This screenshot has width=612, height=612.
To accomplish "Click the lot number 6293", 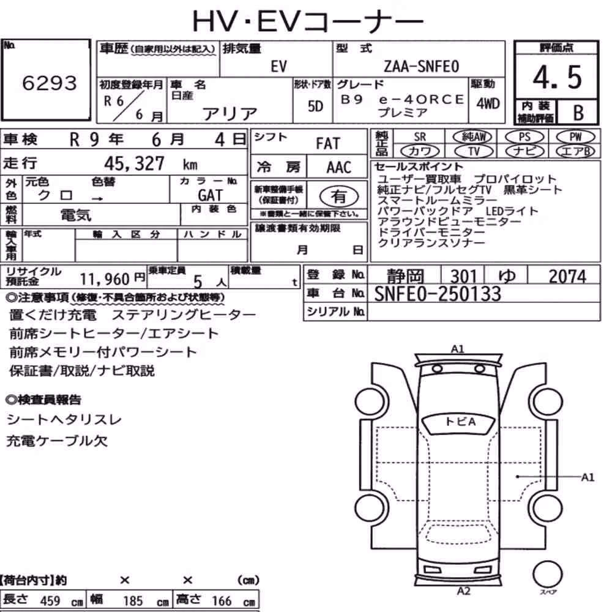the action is coord(50,83).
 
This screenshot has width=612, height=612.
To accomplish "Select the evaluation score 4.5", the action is coord(557,77).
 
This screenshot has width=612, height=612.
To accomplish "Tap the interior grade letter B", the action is coord(578,113).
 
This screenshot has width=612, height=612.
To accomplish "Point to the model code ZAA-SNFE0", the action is coord(421,66).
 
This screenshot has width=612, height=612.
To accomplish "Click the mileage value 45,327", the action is coord(134,163).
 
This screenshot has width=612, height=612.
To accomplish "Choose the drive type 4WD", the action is coord(488,103).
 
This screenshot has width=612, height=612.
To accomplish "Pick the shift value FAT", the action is coord(328,144).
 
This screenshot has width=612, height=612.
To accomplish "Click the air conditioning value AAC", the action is coord(338,168).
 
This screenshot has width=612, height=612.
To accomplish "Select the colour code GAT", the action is coord(210,195).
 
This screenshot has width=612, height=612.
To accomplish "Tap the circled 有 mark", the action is coord(338,196).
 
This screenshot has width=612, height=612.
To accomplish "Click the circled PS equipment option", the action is coord(524,136).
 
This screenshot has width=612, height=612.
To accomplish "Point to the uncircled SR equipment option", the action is coord(420,137).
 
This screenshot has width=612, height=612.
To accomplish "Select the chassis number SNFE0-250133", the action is coord(438,294).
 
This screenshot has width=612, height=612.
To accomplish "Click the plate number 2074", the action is coord(567,277).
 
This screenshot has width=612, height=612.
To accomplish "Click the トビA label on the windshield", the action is coord(460,422).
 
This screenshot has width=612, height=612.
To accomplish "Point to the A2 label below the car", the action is coord(464,591).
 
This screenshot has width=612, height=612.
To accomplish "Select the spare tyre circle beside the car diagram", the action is coord(548,575).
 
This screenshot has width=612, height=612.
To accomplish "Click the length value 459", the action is coord(50,600).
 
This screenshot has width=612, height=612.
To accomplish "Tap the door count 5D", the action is coord(315,106).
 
